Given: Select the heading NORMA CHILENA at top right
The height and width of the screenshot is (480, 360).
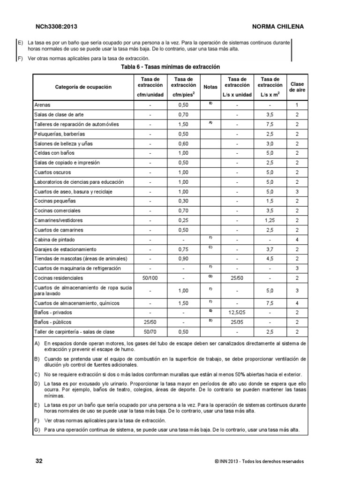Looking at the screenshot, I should pyautogui.click(x=278, y=27).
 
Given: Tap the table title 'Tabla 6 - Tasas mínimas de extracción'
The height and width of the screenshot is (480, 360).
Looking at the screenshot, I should pyautogui.click(x=170, y=67).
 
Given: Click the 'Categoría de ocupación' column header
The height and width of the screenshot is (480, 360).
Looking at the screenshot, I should pyautogui.click(x=83, y=87).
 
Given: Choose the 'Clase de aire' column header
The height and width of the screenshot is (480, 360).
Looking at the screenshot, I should pyautogui.click(x=297, y=87).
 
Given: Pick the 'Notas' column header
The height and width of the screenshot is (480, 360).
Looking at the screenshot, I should pyautogui.click(x=210, y=87).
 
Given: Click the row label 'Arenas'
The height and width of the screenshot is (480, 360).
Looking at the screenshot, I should pyautogui.click(x=42, y=105).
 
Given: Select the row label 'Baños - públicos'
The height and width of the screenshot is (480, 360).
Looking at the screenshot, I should pyautogui.click(x=53, y=322).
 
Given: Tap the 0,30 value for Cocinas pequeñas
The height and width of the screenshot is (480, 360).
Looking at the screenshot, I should pyautogui.click(x=183, y=201).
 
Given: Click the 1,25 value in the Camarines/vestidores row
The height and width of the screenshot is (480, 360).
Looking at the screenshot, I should pyautogui.click(x=270, y=220).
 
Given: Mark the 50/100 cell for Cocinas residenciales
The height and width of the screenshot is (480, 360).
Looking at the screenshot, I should pyautogui.click(x=150, y=278).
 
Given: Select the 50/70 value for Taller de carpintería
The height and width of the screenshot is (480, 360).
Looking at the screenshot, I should pyautogui.click(x=150, y=332).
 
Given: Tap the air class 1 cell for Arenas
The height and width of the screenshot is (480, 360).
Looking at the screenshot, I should pyautogui.click(x=297, y=105).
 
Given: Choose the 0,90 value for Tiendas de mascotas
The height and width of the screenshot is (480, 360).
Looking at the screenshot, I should pyautogui.click(x=183, y=259).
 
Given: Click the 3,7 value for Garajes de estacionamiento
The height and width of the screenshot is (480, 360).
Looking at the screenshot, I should pyautogui.click(x=270, y=249).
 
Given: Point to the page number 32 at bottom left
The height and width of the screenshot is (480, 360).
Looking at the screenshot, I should pyautogui.click(x=39, y=461).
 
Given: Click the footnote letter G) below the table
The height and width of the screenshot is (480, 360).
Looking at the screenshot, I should pyautogui.click(x=37, y=430).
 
